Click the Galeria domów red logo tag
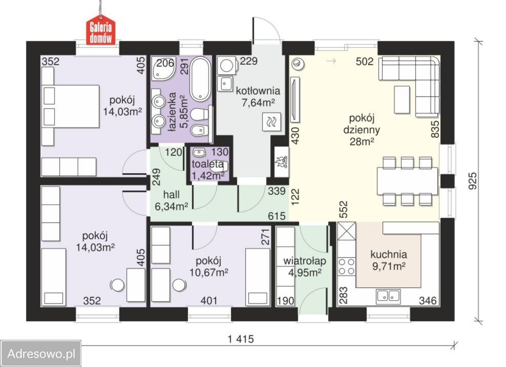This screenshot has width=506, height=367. (101, 30)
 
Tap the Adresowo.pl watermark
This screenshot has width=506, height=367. (41, 354)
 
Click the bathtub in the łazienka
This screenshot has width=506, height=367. (200, 79)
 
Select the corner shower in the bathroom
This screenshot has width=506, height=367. (164, 68)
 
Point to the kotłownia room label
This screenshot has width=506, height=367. (258, 91)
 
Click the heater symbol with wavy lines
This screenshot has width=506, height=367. (272, 122)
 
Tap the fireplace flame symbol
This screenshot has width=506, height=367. (281, 162)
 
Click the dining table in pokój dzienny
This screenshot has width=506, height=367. (407, 181)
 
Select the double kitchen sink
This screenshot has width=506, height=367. (388, 296)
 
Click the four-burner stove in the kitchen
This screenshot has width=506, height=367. (346, 267)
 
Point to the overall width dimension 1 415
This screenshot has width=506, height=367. (241, 339)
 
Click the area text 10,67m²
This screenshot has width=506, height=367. (208, 273)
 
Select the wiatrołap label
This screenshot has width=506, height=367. (305, 261)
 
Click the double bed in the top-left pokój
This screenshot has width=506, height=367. (70, 106)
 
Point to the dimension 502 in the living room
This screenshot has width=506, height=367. (364, 61)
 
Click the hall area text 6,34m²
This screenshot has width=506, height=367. (172, 206)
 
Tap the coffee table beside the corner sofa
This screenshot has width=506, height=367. (402, 100)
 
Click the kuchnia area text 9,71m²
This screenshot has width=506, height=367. (389, 267)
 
